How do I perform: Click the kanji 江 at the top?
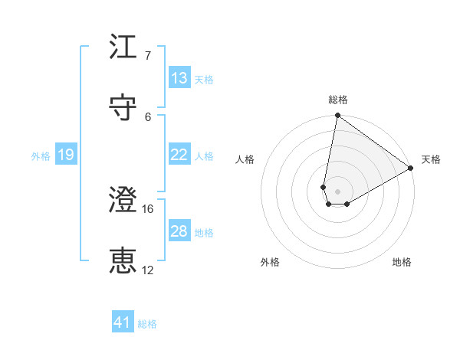pos(123,47)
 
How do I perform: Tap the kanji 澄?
pos(123,201)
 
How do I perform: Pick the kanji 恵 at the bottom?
pos(123,262)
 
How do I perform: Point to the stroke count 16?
pos(148,208)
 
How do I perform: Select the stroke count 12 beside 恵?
pos(148,270)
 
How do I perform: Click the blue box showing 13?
pos(179,78)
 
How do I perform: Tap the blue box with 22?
pos(179,155)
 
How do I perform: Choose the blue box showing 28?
pos(179,231)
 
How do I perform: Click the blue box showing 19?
pos(65,155)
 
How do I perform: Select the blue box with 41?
pos(123,322)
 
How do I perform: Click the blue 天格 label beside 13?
pos(204,80)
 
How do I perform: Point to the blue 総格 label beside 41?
pos(147,324)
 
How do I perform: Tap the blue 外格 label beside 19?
pos(41,156)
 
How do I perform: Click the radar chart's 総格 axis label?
pos(337,100)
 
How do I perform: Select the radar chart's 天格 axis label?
pos(431,159)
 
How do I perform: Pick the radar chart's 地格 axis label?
pos(402,262)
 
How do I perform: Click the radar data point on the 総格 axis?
pos(337,116)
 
